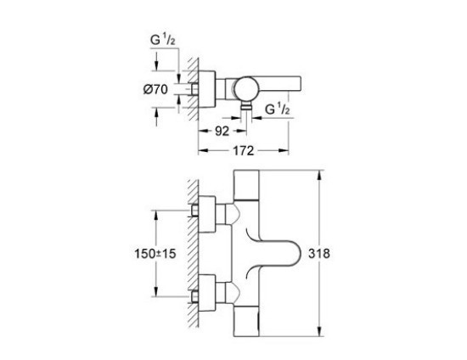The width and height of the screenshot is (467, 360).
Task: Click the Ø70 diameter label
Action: click(x=158, y=87)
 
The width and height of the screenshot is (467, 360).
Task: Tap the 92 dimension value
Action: click(x=222, y=131)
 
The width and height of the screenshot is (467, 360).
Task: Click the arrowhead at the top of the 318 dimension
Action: click(x=318, y=175)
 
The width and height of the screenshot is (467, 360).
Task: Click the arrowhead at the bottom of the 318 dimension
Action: click(x=318, y=333)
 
